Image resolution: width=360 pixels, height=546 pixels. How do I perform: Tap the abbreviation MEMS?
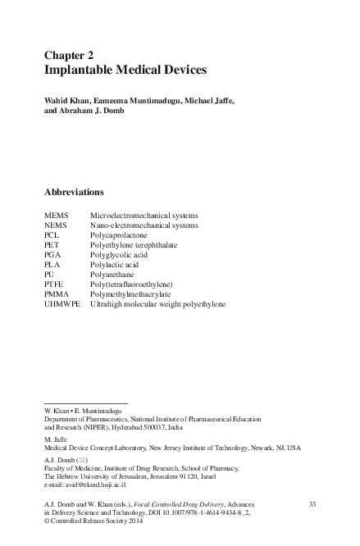[x=57, y=216]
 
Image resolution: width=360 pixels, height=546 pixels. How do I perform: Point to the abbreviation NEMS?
[x=56, y=225]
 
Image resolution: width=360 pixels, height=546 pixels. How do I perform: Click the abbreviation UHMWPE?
[x=62, y=304]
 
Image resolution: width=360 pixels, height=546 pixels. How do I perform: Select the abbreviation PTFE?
[x=55, y=284]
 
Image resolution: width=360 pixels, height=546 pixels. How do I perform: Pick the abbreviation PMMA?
[x=57, y=294]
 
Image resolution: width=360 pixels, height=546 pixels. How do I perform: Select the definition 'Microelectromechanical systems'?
[x=144, y=216]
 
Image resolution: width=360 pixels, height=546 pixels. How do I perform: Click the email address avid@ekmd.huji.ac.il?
[x=85, y=485]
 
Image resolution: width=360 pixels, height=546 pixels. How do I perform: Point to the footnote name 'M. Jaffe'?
[x=56, y=439]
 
